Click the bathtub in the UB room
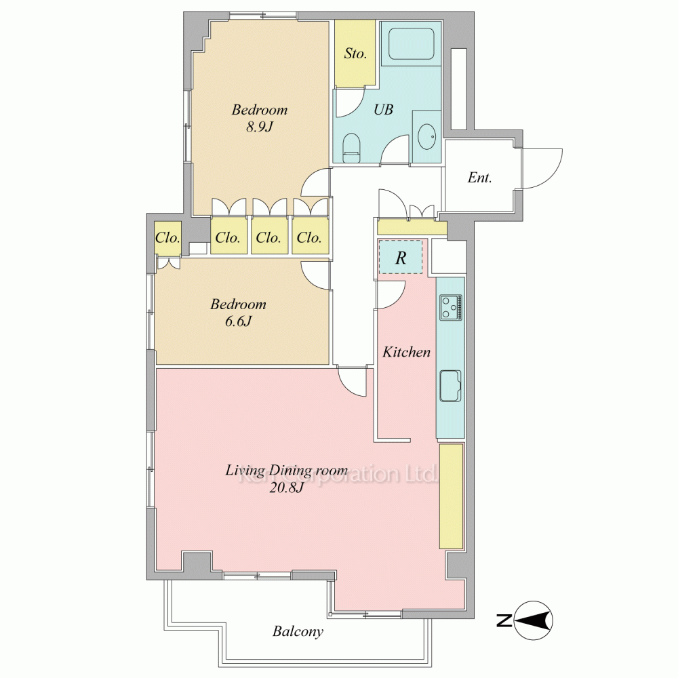coord(411,44)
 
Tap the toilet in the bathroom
coord(351,147)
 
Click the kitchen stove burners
coord(451,307)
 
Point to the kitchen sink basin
coord(451,386)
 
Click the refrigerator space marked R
coord(401,257)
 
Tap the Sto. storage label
coord(355,54)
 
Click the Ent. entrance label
coord(479,177)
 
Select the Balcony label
coord(298,632)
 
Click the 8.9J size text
coord(260,127)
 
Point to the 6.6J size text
coord(238,321)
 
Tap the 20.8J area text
coord(287,487)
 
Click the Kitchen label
coord(406,352)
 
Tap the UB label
coord(384,109)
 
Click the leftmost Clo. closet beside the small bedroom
coord(167,237)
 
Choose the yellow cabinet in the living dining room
coord(452,497)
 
